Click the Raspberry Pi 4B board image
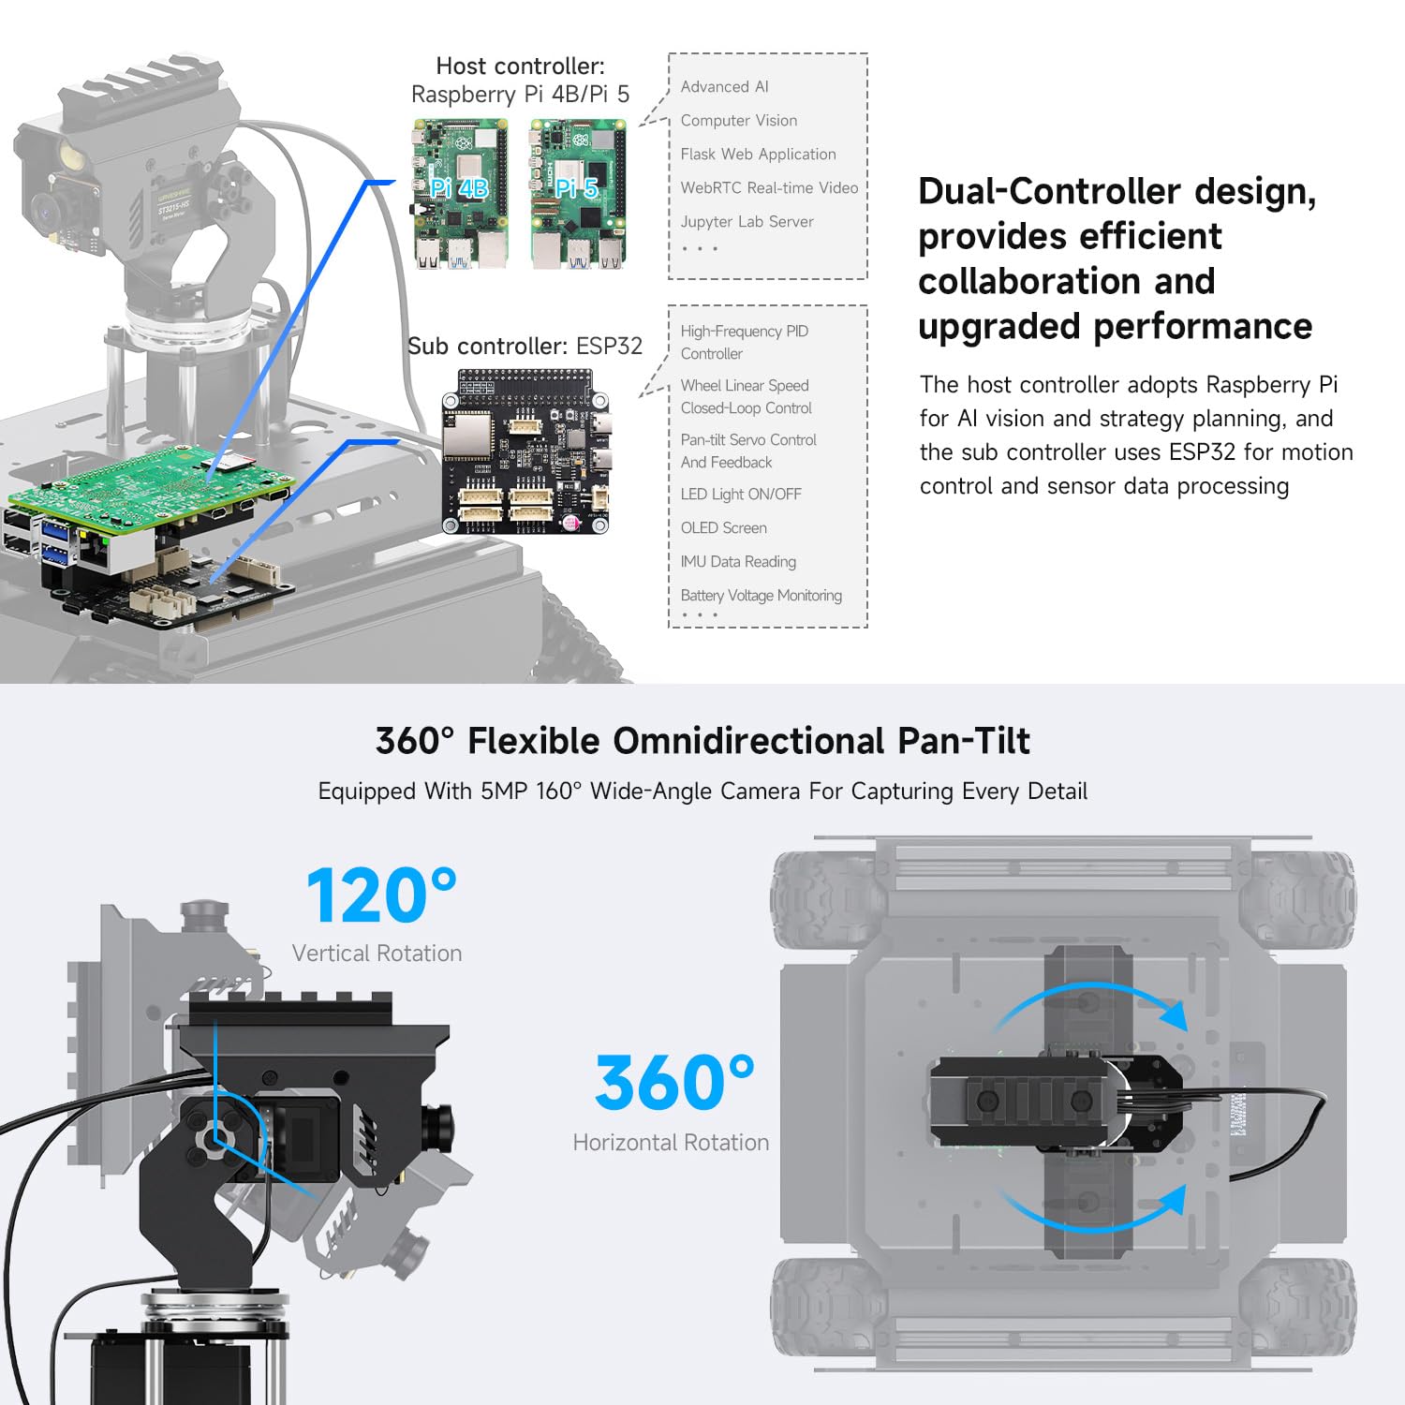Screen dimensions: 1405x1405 tap(460, 194)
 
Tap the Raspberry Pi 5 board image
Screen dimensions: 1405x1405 tap(577, 194)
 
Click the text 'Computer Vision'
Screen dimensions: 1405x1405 tap(739, 121)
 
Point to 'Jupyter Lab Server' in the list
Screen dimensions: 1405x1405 tap(747, 222)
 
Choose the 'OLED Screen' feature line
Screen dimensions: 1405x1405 tap(723, 528)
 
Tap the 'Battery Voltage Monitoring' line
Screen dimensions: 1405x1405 tap(761, 596)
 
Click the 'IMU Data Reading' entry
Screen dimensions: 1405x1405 tap(738, 562)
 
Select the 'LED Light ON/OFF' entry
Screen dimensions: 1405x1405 tap(741, 495)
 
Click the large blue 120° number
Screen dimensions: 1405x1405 tap(381, 895)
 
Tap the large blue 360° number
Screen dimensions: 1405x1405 tap(673, 1083)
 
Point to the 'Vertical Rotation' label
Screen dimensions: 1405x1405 tap(377, 954)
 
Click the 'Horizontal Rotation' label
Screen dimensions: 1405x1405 tap(671, 1143)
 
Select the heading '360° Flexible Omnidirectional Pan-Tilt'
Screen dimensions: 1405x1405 tap(702, 741)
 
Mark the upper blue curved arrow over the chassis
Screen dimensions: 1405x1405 tap(1091, 1002)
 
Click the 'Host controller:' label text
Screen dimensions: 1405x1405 tap(520, 67)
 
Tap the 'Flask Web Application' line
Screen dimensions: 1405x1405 tap(758, 155)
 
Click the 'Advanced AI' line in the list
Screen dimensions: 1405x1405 tap(724, 87)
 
